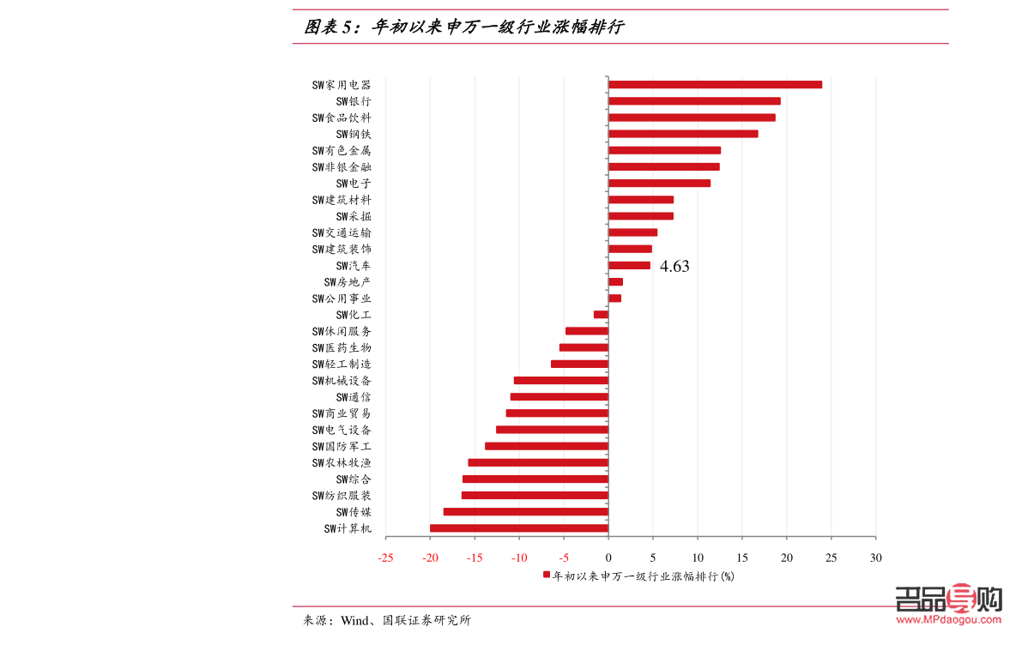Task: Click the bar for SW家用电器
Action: click(715, 85)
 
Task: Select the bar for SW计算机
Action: click(519, 528)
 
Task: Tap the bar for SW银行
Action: click(694, 101)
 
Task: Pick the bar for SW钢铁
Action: click(683, 134)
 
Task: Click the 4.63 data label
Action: click(674, 267)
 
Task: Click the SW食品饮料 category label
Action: click(342, 118)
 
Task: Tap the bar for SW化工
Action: click(601, 315)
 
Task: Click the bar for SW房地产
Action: click(615, 282)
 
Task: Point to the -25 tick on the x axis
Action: click(385, 558)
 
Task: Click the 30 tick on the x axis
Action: click(875, 558)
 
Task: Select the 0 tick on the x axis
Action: click(608, 558)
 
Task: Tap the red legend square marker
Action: click(546, 576)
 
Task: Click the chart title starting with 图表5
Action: click(463, 27)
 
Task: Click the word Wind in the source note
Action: click(354, 620)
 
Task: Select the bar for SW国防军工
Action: click(547, 446)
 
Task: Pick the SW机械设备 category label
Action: click(342, 381)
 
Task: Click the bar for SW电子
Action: click(659, 184)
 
